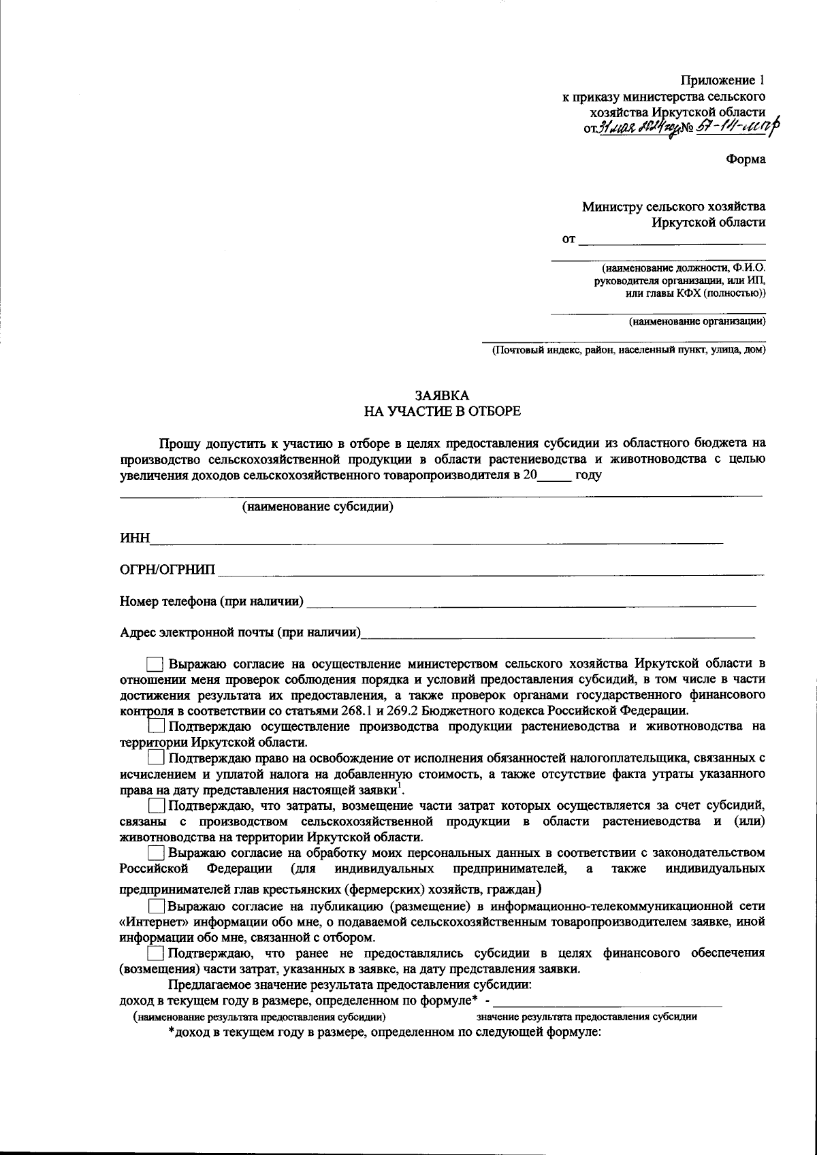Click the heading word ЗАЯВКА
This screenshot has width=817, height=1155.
443,395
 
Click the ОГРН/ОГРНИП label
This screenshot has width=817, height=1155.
167,570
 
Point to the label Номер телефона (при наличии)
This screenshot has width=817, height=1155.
212,601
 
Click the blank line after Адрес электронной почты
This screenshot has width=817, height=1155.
558,634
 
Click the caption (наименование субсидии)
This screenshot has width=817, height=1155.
318,507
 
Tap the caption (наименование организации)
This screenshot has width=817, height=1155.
696,321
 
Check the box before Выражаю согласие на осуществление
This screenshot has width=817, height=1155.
155,663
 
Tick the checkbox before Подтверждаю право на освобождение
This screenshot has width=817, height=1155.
157,758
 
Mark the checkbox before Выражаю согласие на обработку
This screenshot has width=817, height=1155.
157,852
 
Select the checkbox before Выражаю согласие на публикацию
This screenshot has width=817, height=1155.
157,906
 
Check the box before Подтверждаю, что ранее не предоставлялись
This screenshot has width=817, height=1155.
157,953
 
